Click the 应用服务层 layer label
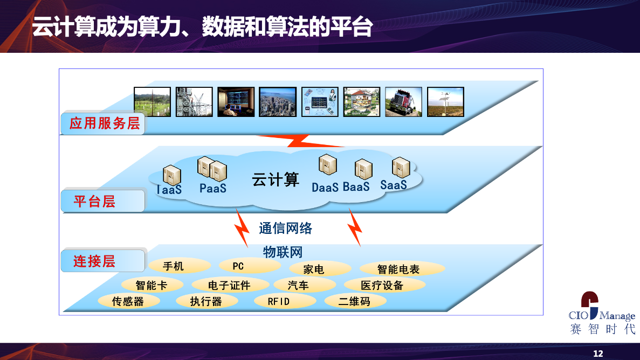point(105,123)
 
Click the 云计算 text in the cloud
point(276,179)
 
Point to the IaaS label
point(169,189)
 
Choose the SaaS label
point(394,185)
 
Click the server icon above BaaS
point(363,169)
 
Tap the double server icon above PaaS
point(212,169)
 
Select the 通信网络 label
point(285,228)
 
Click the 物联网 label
point(283,252)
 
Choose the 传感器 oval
point(128,301)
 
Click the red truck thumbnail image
point(404,102)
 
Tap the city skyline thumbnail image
point(278,102)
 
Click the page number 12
point(598,354)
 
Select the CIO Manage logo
point(602,313)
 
